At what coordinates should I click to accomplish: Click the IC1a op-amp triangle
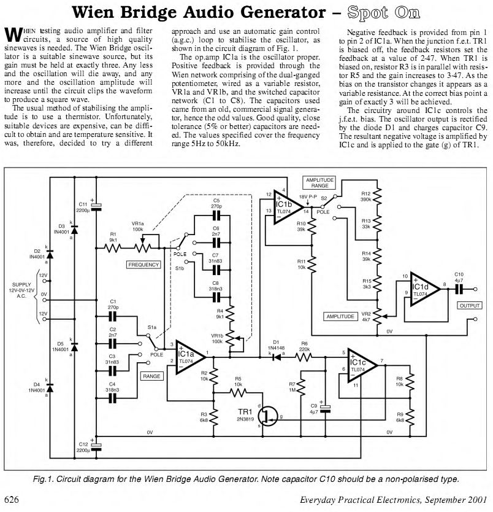pyautogui.click(x=191, y=357)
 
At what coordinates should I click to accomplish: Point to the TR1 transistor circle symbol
pyautogui.click(x=268, y=416)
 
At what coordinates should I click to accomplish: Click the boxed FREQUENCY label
pyautogui.click(x=143, y=265)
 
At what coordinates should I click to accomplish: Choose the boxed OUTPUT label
pyautogui.click(x=470, y=306)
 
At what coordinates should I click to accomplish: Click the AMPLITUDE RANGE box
pyautogui.click(x=319, y=183)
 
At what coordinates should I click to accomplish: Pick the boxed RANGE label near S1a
pyautogui.click(x=151, y=376)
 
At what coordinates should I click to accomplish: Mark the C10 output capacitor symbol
pyautogui.click(x=459, y=289)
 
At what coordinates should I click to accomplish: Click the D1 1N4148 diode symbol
pyautogui.click(x=277, y=357)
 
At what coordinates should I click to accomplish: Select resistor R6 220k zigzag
pyautogui.click(x=304, y=357)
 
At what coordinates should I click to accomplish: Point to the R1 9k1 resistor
pyautogui.click(x=112, y=248)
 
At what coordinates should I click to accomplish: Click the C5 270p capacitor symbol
pyautogui.click(x=216, y=215)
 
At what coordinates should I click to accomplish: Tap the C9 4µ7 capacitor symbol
pyautogui.click(x=325, y=409)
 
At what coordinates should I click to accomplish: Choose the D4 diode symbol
pyautogui.click(x=50, y=388)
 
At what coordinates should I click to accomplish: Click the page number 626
pyautogui.click(x=12, y=500)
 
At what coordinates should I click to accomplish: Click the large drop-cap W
pyautogui.click(x=13, y=34)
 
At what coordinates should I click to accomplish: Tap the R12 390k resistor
pyautogui.click(x=377, y=196)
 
